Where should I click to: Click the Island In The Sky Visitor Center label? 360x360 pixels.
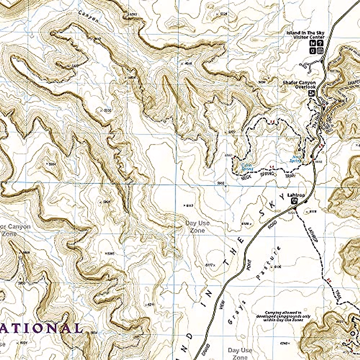point(305,35)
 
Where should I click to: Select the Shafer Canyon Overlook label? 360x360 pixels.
point(299,85)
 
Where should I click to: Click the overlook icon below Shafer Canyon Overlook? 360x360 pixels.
point(312,93)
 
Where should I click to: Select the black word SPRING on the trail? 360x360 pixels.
point(267,174)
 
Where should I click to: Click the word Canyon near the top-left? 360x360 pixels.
point(88,17)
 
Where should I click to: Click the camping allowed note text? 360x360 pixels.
point(283,316)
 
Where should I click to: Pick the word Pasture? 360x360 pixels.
point(268,263)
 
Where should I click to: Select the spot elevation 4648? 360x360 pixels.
point(187,63)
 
